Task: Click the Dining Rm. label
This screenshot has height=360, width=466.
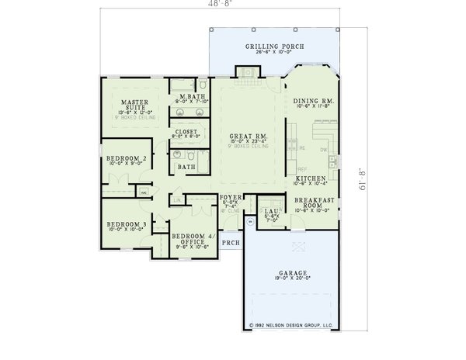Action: [x=314, y=102]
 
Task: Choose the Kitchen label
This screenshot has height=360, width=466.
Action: [x=309, y=178]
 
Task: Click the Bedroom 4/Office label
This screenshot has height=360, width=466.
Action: [x=193, y=237]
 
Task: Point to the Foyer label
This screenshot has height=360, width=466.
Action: [x=230, y=198]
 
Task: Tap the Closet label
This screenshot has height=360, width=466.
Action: [x=186, y=132]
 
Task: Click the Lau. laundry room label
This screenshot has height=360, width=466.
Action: [x=270, y=210]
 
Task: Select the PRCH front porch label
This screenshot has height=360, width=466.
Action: [x=230, y=243]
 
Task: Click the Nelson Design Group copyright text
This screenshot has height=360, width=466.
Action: [x=291, y=327]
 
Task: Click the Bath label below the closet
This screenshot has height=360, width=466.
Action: [x=186, y=167]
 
